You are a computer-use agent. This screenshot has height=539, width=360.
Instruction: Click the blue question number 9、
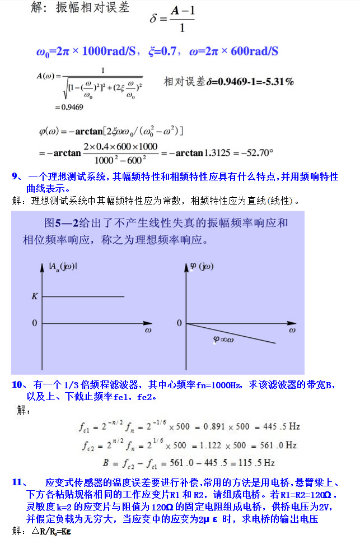(x=17, y=176)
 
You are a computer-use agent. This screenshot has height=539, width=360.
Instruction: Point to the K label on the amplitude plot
(x=34, y=296)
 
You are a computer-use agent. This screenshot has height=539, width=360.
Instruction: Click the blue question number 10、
(x=20, y=385)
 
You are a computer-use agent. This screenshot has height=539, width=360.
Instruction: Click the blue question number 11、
(x=20, y=482)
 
